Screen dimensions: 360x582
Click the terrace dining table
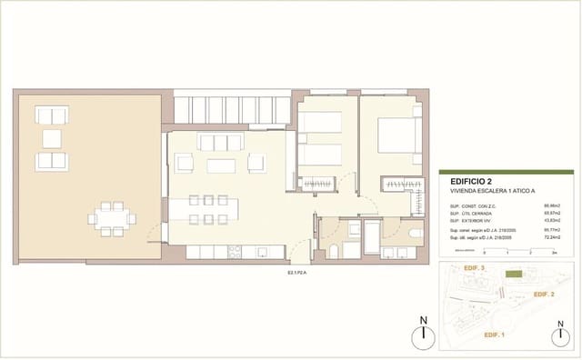[112, 218]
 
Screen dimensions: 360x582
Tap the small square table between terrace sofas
[51, 139]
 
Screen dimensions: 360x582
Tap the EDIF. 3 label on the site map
[476, 270]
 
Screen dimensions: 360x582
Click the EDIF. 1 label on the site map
[495, 335]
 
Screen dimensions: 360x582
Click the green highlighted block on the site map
[516, 274]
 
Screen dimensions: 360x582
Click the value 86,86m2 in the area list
[550, 207]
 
